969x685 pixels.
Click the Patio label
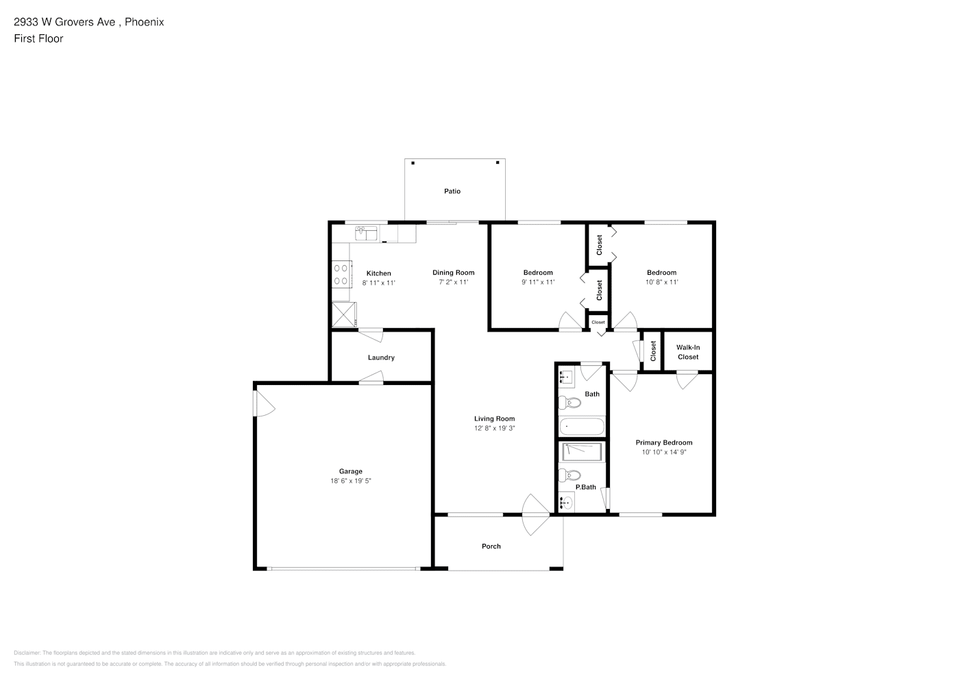pyautogui.click(x=452, y=191)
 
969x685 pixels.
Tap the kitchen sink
pyautogui.click(x=366, y=233)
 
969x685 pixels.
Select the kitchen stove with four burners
pyautogui.click(x=341, y=274)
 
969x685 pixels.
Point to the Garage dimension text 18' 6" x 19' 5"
pyautogui.click(x=350, y=480)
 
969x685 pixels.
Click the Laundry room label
pyautogui.click(x=381, y=358)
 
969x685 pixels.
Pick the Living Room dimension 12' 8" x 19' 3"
pyautogui.click(x=495, y=428)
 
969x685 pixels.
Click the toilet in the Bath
pyautogui.click(x=569, y=403)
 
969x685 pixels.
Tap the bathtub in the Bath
pyautogui.click(x=582, y=426)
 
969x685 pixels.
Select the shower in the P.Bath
pyautogui.click(x=582, y=452)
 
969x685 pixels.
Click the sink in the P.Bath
pyautogui.click(x=566, y=503)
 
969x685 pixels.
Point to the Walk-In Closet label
pyautogui.click(x=688, y=352)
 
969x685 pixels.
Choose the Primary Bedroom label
pyautogui.click(x=663, y=443)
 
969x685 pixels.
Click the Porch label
pyautogui.click(x=491, y=546)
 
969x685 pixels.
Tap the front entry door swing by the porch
pyautogui.click(x=536, y=514)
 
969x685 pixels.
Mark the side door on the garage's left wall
pyautogui.click(x=264, y=403)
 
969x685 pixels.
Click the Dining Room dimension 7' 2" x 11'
pyautogui.click(x=454, y=282)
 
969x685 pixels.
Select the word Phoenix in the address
pyautogui.click(x=144, y=22)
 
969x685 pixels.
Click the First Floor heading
pyautogui.click(x=38, y=38)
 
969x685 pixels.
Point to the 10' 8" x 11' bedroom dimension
pyautogui.click(x=661, y=282)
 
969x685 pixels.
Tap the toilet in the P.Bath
pyautogui.click(x=569, y=475)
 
